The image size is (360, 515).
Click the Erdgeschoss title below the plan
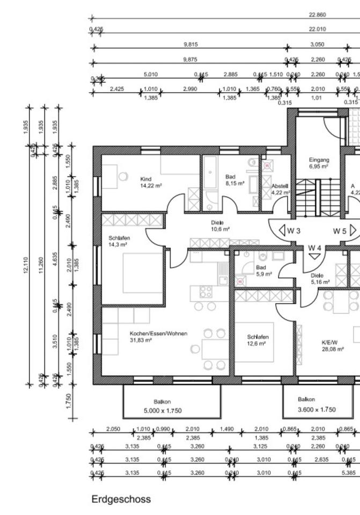pos(121,499)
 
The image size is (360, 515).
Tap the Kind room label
pos(146,179)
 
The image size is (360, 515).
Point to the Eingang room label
pos(319,160)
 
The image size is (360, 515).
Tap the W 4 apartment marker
pos(314,248)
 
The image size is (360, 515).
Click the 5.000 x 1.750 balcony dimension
pos(163,410)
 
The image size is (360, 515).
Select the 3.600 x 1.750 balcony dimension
pos(317,409)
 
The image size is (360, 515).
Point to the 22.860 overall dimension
pos(317,15)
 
